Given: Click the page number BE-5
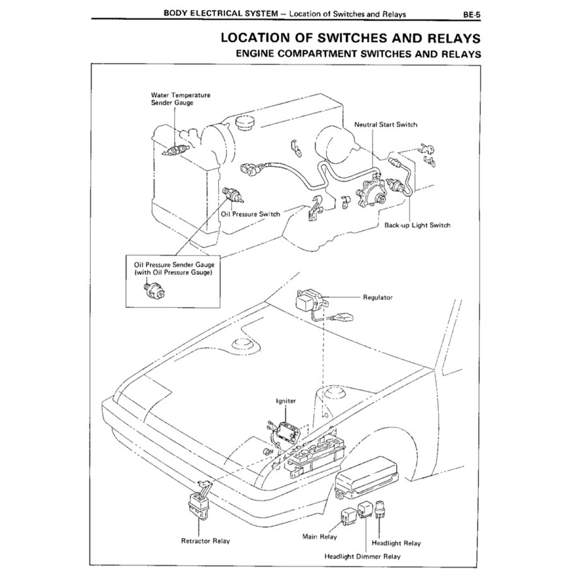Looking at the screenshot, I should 471,13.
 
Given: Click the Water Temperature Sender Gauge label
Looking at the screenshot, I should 180,98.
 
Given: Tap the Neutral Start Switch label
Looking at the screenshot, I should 385,125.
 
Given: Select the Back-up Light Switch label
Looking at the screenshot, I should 417,225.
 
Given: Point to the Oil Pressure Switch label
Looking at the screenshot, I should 250,214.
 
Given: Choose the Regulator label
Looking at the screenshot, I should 378,297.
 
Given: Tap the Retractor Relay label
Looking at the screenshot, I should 206,541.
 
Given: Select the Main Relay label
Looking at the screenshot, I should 320,537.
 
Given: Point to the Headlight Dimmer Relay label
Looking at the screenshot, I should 362,556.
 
